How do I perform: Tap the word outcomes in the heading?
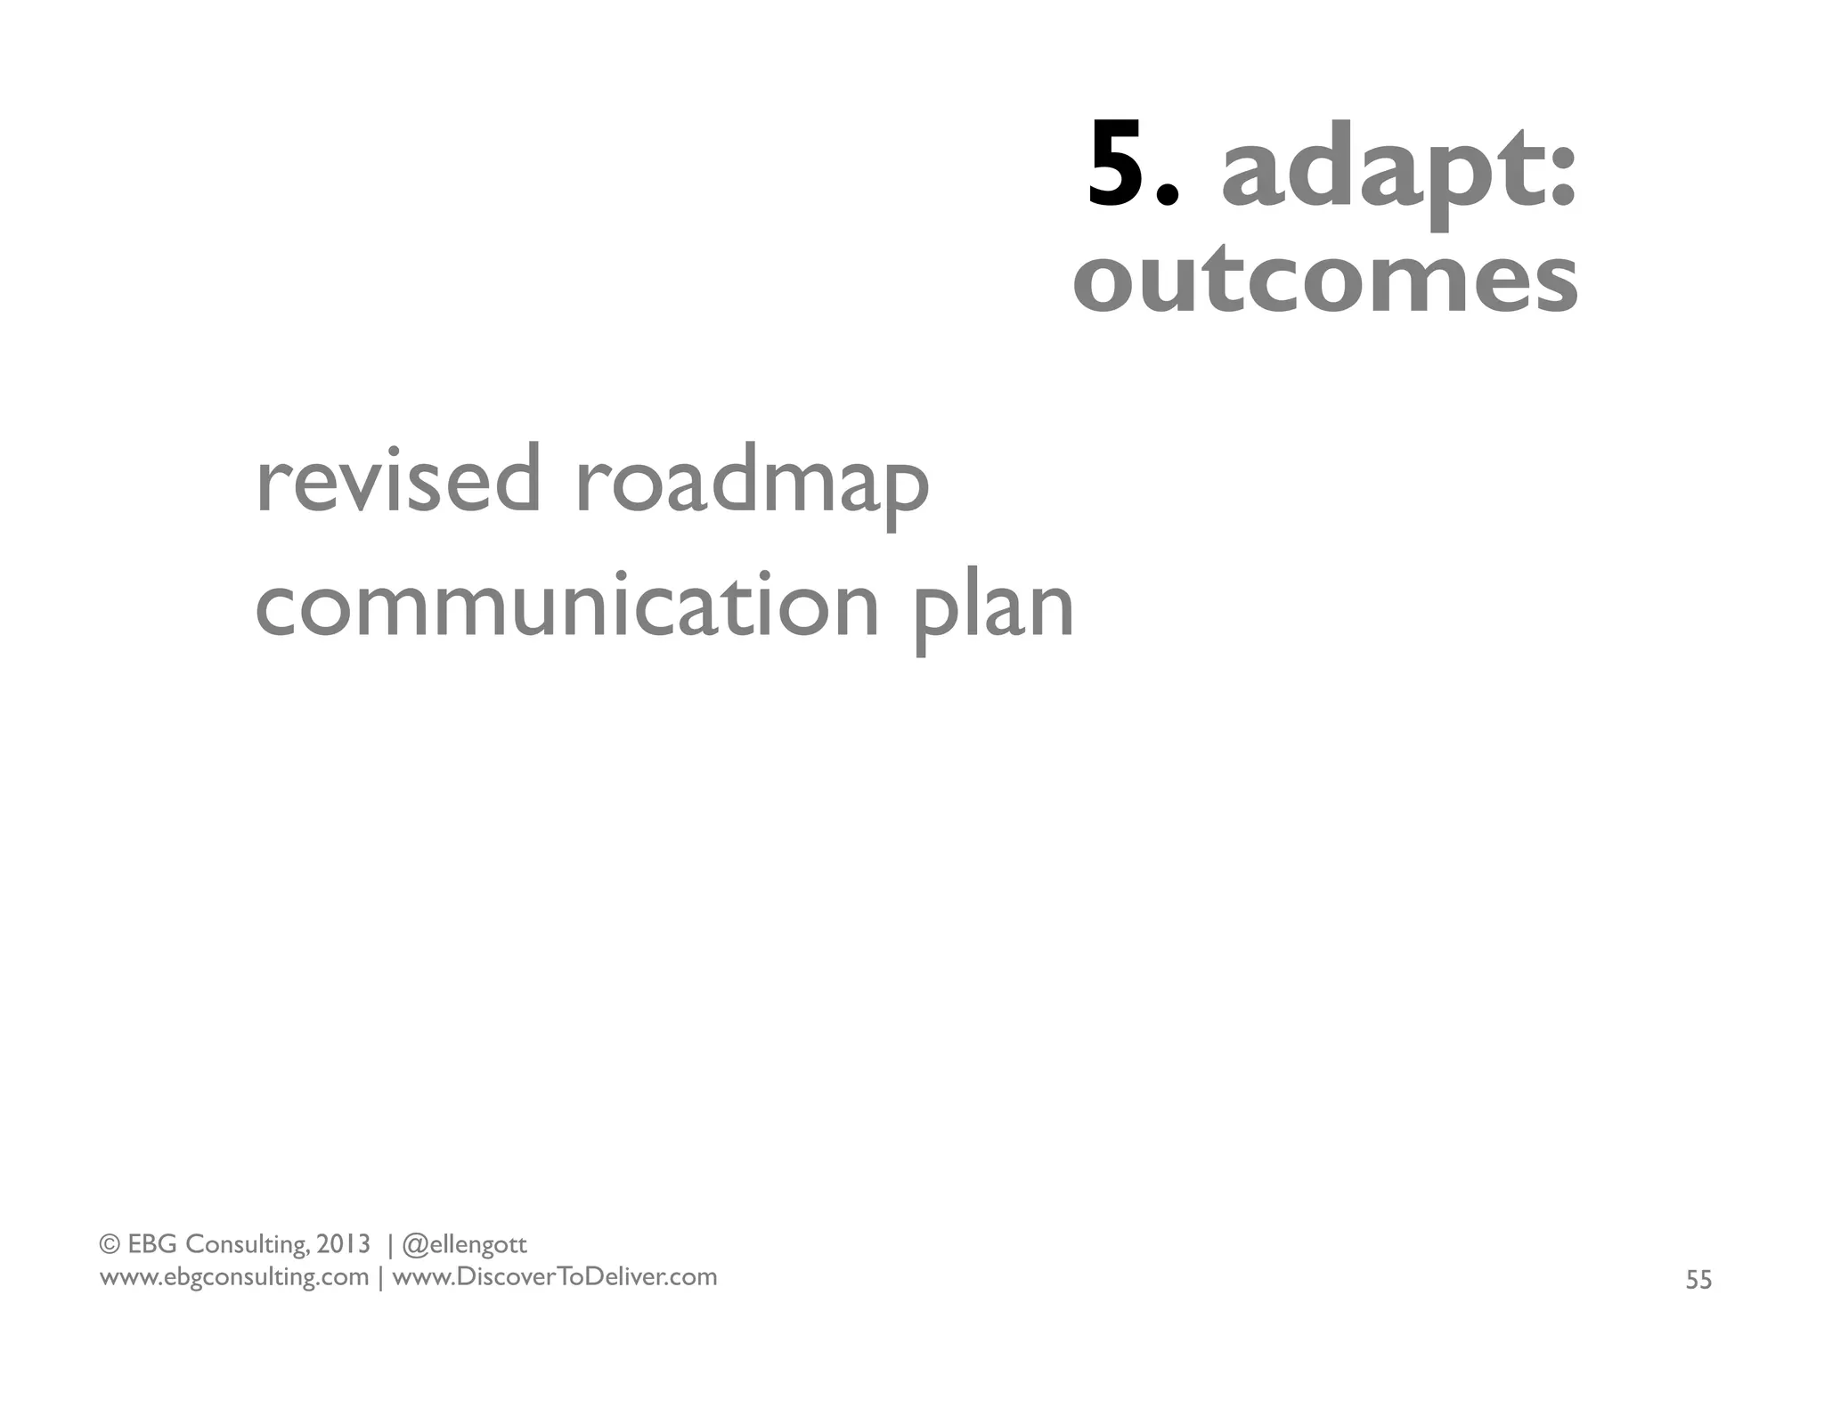point(1325,280)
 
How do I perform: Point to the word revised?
point(397,481)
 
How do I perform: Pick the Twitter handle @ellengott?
point(465,1244)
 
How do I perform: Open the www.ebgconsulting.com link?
point(233,1277)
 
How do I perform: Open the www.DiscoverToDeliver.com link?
point(555,1277)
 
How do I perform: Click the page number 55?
point(1698,1280)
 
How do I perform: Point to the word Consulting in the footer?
point(248,1244)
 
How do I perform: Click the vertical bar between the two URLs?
point(381,1278)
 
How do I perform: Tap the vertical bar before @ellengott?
point(389,1244)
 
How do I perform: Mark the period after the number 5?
point(1170,197)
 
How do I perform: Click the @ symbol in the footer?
point(415,1244)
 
